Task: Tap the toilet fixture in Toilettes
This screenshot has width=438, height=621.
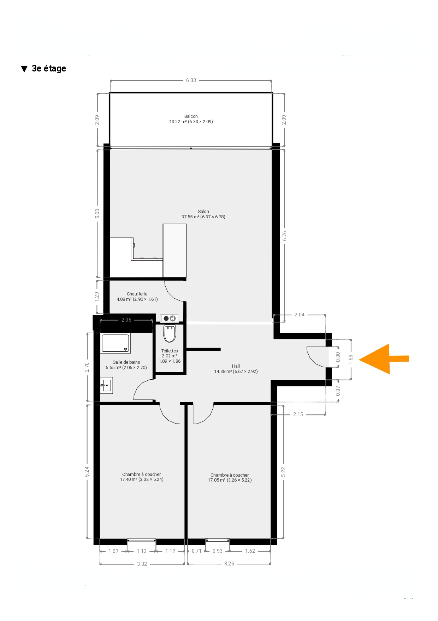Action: (x=170, y=333)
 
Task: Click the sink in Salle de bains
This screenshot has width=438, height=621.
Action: (x=106, y=385)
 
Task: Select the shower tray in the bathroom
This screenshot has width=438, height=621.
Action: (x=116, y=343)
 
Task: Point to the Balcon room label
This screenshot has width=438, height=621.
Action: (x=191, y=119)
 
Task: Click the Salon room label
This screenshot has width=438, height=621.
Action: (x=203, y=214)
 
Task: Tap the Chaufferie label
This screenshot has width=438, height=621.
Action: (x=137, y=297)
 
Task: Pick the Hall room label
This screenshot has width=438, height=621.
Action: (x=236, y=369)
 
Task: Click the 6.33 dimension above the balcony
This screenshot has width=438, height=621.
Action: (x=191, y=80)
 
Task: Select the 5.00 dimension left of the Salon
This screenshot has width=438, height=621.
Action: (x=97, y=213)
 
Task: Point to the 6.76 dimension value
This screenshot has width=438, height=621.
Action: (x=285, y=236)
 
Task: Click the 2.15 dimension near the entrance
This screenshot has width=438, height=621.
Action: (x=298, y=414)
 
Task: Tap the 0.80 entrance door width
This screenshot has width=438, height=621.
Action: (x=338, y=357)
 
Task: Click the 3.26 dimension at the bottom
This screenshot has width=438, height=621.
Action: (x=229, y=564)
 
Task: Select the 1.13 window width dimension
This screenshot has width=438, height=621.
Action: (x=142, y=551)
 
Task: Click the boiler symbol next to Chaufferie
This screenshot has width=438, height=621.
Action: (x=170, y=318)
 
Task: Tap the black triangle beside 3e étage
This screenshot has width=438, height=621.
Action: (x=24, y=69)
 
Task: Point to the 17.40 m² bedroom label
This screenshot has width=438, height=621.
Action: (x=142, y=477)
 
